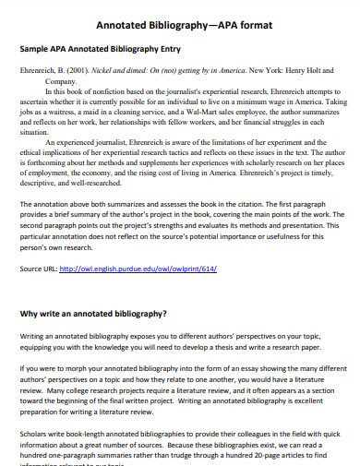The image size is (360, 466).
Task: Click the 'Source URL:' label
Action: point(38,269)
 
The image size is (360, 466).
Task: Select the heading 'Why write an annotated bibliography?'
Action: point(93,313)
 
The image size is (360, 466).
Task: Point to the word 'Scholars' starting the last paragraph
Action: point(34,428)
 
